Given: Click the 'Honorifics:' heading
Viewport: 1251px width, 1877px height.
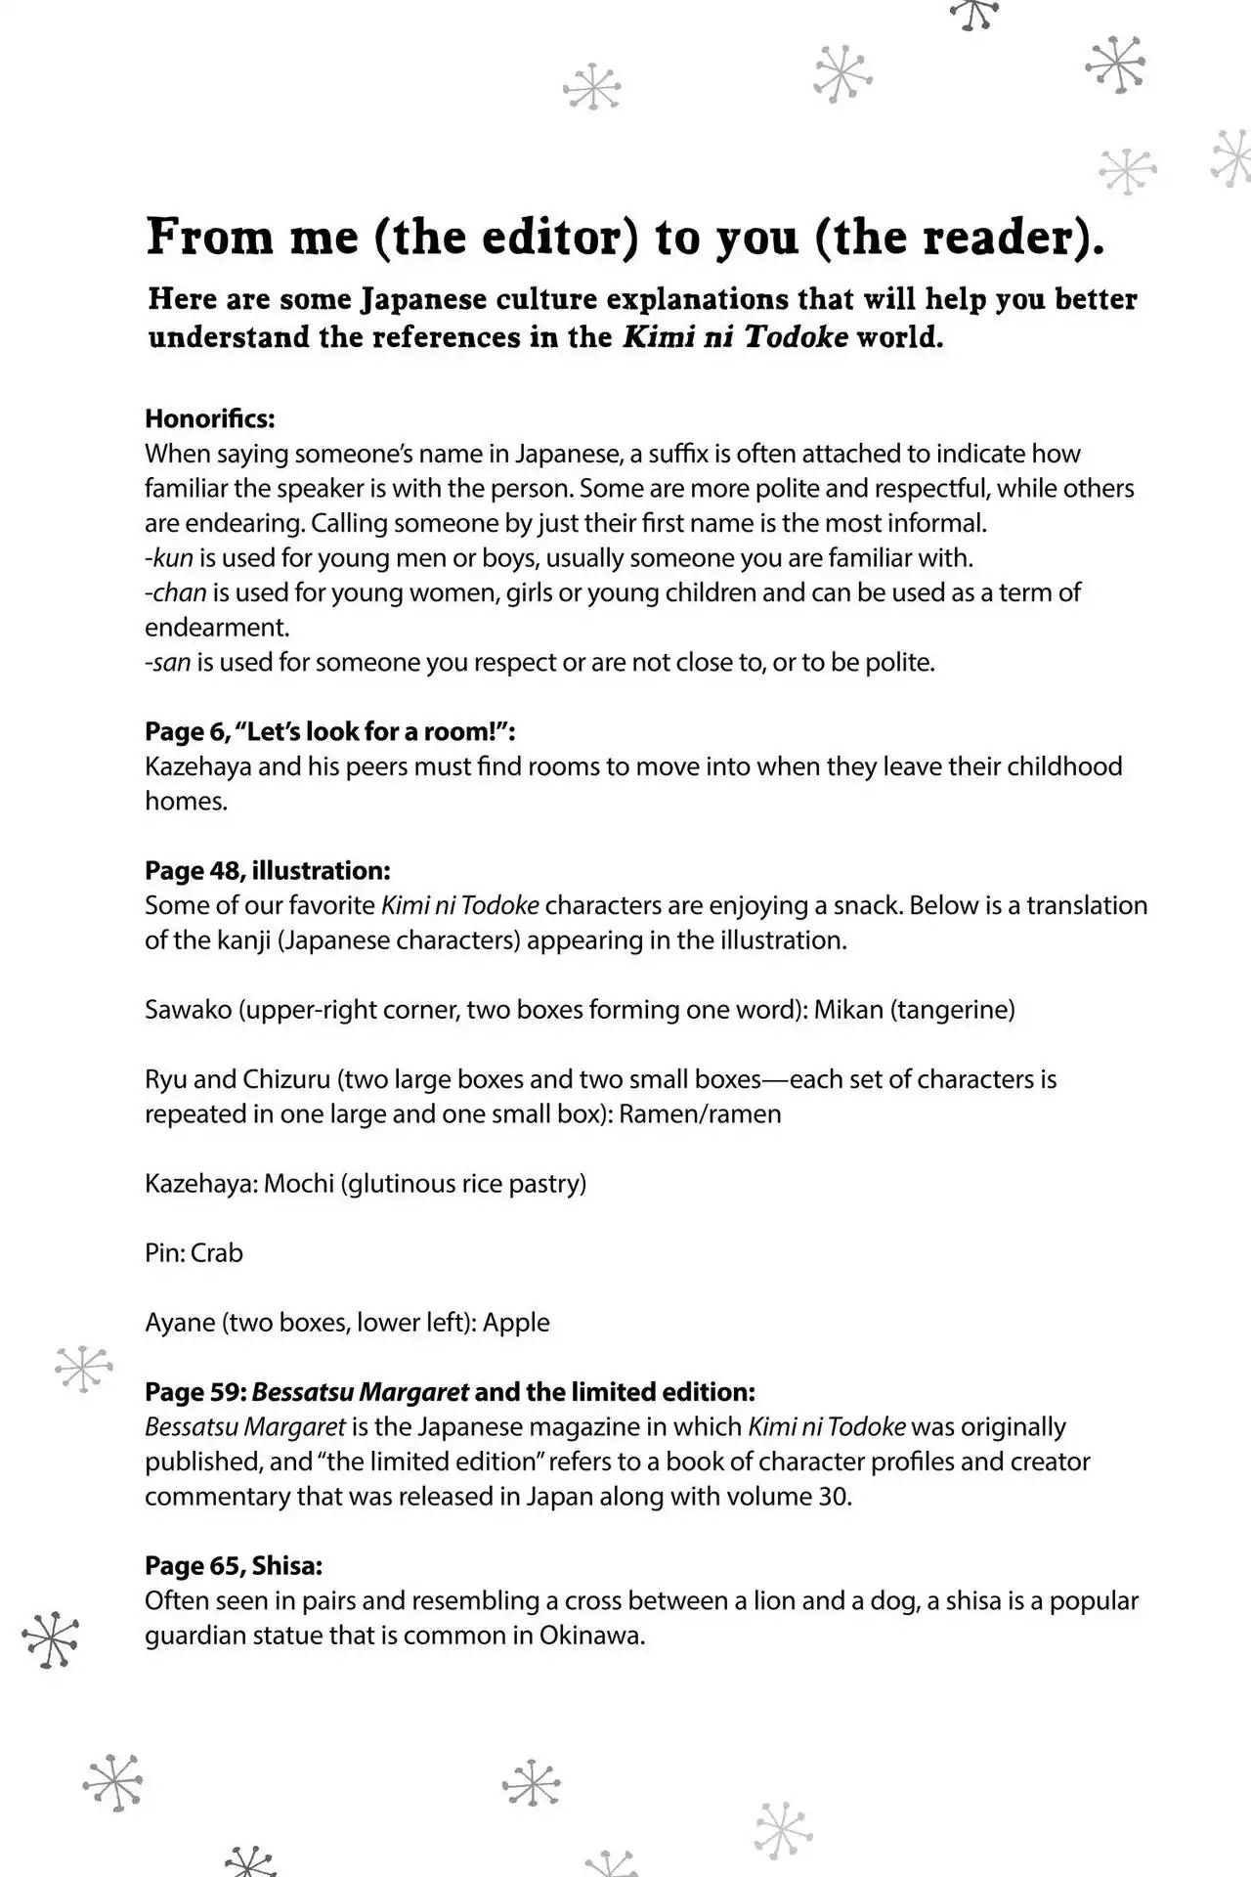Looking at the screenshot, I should [210, 418].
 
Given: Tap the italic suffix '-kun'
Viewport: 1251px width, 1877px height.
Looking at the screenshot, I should [168, 558].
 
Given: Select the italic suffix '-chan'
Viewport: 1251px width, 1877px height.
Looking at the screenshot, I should [175, 592].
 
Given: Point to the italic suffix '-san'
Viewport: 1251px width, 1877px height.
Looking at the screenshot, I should [167, 663].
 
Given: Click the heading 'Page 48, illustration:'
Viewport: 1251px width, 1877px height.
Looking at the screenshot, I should [267, 870].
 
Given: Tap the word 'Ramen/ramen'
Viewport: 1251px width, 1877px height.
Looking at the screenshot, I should [700, 1113].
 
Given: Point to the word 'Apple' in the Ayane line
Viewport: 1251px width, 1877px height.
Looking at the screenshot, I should [516, 1322].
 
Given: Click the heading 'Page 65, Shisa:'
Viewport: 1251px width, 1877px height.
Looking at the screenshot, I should [234, 1565].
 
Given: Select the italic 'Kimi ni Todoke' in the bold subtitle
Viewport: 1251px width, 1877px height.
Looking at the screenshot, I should [735, 337].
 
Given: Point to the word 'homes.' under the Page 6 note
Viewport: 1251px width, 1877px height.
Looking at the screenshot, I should [186, 801].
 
